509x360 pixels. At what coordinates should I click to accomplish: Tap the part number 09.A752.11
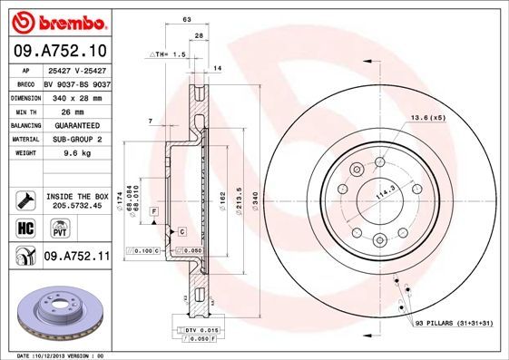click(76, 258)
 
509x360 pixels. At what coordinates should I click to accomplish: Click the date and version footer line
click(68, 355)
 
